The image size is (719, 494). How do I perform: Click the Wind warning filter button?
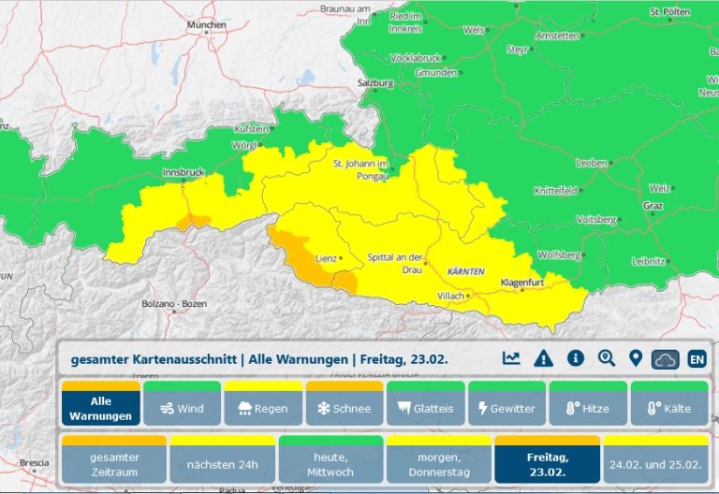pyautogui.click(x=182, y=408)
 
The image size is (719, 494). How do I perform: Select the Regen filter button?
pyautogui.click(x=263, y=408)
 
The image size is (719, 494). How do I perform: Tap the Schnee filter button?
pyautogui.click(x=344, y=408)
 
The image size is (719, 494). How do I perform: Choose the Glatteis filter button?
pyautogui.click(x=425, y=408)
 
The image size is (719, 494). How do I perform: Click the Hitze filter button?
pyautogui.click(x=587, y=408)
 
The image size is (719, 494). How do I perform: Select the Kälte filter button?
pyautogui.click(x=668, y=408)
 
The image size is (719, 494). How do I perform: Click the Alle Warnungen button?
pyautogui.click(x=101, y=408)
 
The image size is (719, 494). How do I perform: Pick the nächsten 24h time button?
pyautogui.click(x=222, y=464)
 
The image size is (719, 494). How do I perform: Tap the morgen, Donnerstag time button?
pyautogui.click(x=439, y=464)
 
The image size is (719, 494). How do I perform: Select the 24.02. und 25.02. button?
pyautogui.click(x=655, y=464)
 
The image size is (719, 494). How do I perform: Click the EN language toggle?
pyautogui.click(x=697, y=358)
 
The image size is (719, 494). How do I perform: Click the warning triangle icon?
pyautogui.click(x=543, y=358)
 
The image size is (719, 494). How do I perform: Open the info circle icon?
pyautogui.click(x=576, y=358)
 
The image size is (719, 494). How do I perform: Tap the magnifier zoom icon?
pyautogui.click(x=607, y=358)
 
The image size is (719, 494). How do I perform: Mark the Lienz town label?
pyautogui.click(x=325, y=257)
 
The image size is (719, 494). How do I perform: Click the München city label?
pyautogui.click(x=207, y=25)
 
